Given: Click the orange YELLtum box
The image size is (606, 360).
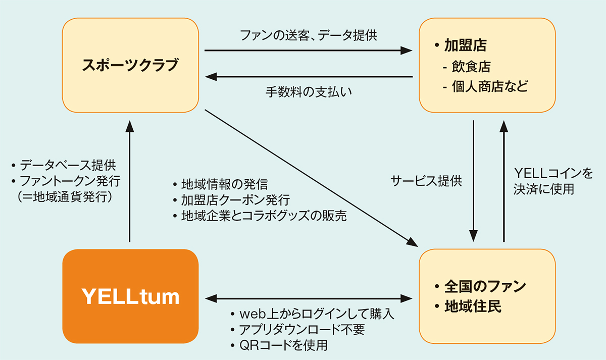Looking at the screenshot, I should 130,296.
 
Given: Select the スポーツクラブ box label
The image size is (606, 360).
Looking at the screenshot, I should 130,66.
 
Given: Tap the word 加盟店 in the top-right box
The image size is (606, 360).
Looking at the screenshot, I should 465,46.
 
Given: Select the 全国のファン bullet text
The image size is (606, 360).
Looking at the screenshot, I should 485,286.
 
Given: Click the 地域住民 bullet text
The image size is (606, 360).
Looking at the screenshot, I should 473,306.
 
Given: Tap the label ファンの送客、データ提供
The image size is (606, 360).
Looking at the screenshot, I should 309,36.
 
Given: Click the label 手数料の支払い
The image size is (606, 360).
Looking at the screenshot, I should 309,92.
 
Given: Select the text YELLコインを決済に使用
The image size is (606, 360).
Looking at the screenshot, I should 552,182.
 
